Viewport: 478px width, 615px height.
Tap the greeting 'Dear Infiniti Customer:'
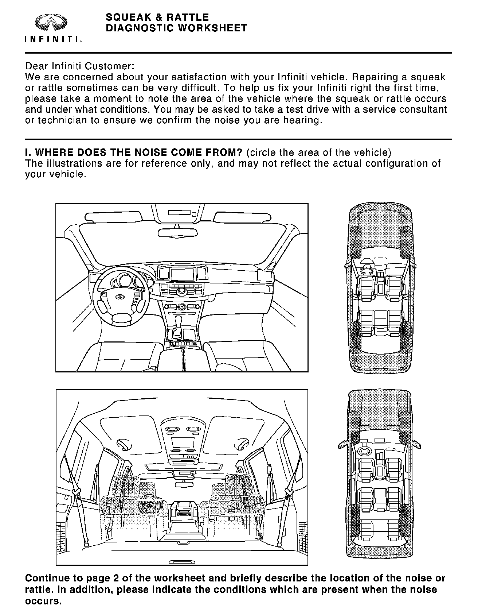coord(80,67)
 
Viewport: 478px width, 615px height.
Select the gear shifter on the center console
coord(179,323)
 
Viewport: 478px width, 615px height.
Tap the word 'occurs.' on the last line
coord(43,601)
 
